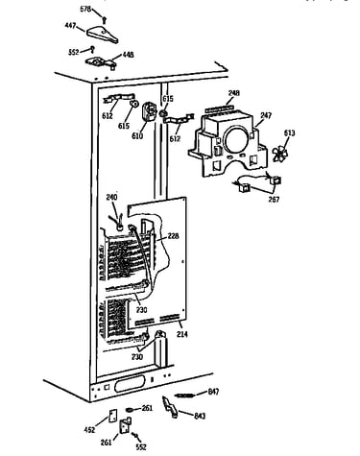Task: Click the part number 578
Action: click(x=85, y=9)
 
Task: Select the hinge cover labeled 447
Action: click(x=102, y=35)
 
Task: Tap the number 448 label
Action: click(x=128, y=55)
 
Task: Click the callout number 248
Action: click(x=233, y=93)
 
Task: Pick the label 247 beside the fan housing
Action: click(x=266, y=115)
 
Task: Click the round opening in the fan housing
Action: click(x=236, y=140)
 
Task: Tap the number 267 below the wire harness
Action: click(x=274, y=200)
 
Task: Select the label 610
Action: click(x=137, y=135)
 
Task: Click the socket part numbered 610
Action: click(x=148, y=111)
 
